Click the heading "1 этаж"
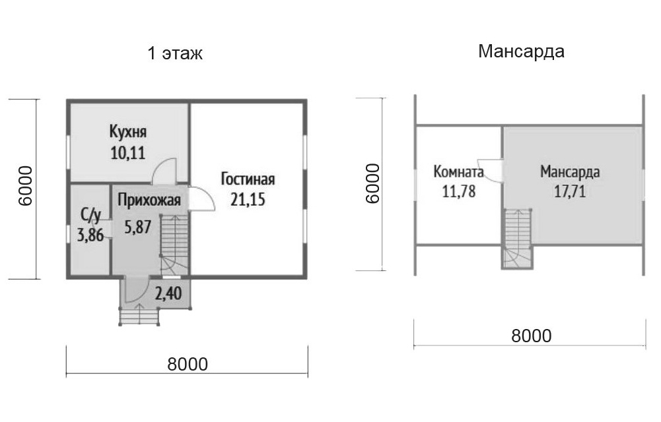click(175, 53)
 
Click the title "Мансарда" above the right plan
click(521, 51)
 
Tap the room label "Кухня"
click(127, 131)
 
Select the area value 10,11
click(127, 153)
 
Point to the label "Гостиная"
click(248, 179)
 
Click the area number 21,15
click(248, 199)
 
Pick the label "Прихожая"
click(149, 200)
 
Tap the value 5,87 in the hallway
click(138, 227)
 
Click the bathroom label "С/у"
click(90, 216)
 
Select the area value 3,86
click(90, 235)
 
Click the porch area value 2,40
click(168, 293)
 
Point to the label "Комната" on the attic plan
click(458, 171)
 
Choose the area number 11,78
click(459, 191)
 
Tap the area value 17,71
click(570, 192)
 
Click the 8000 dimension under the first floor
click(188, 365)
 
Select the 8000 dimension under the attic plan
click(531, 336)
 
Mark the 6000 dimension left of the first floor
click(25, 185)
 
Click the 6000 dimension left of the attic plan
click(372, 184)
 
